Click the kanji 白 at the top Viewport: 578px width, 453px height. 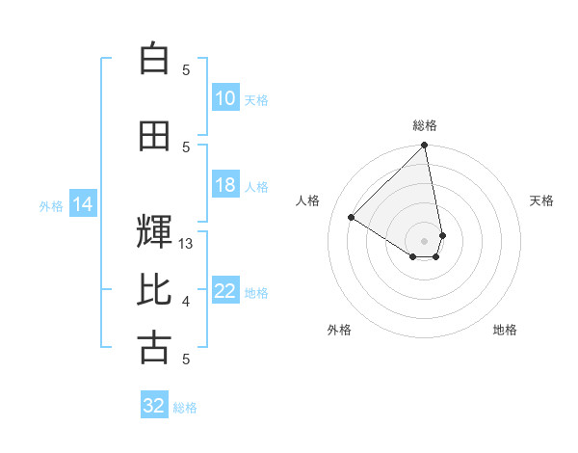coord(154,59)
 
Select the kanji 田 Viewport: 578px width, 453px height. coord(154,136)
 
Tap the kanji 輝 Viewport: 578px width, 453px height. coord(154,231)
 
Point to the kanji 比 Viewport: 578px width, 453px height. coord(154,290)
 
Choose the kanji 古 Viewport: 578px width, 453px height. coord(154,347)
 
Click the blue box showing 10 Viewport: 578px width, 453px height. coord(224,98)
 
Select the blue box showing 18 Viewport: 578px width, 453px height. coord(224,185)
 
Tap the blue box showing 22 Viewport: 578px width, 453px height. coord(224,291)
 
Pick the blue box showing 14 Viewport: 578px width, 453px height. coord(83,204)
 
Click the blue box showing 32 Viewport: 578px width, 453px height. coord(154,406)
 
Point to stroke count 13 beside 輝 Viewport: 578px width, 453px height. coord(187,244)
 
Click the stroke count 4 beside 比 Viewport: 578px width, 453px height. coord(186,302)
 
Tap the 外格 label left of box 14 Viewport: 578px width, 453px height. coord(51,205)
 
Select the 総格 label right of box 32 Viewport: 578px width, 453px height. coord(185,407)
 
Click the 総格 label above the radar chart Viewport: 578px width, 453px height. coord(425,125)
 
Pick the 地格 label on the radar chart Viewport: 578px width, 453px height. coord(505,330)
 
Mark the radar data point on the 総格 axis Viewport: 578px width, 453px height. coord(425,147)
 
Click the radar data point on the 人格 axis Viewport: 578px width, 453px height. coord(352,218)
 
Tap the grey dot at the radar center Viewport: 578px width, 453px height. coord(425,240)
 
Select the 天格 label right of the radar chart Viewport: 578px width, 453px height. coord(541,200)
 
